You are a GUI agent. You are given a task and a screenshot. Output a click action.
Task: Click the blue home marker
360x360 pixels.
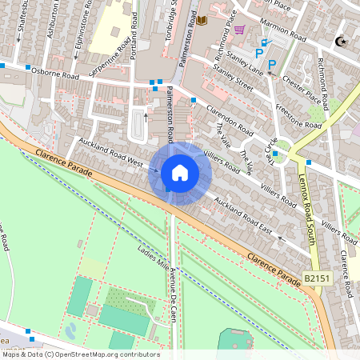pyautogui.click(x=180, y=173)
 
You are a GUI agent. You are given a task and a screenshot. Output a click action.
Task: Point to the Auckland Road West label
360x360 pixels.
pyautogui.click(x=110, y=153)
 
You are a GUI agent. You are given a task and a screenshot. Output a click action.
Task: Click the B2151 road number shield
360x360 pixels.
pyautogui.click(x=317, y=278)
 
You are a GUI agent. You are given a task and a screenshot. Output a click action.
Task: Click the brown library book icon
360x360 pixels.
pyautogui.click(x=202, y=19)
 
